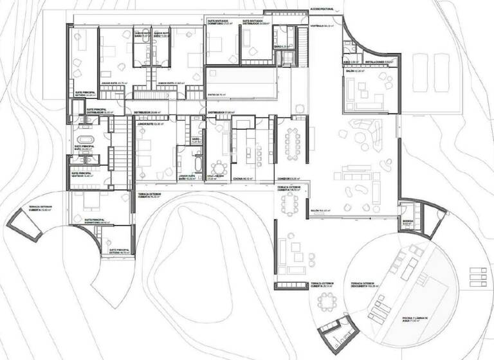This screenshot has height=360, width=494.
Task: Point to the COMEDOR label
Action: [x=285, y=179]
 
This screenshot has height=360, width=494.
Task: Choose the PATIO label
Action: [x=215, y=94]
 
